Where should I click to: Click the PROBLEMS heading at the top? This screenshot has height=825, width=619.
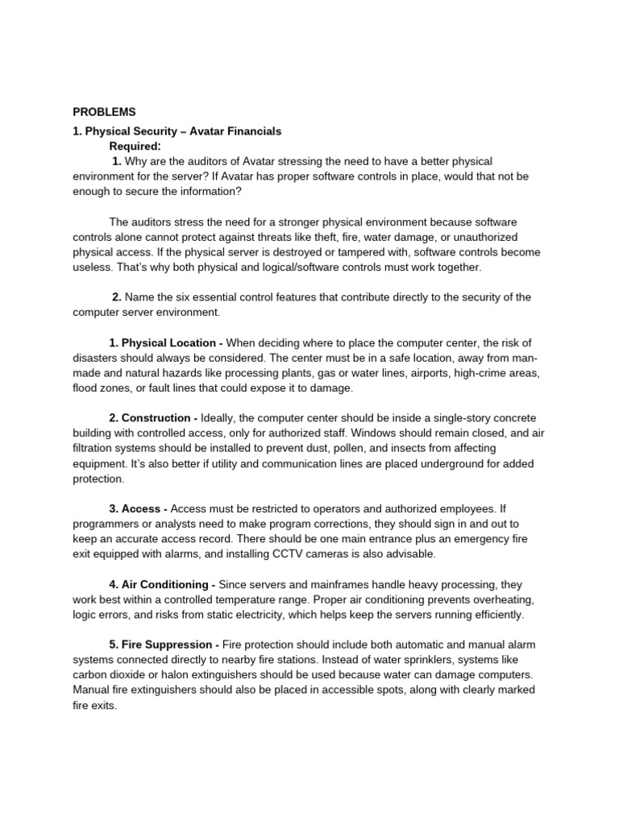point(104,112)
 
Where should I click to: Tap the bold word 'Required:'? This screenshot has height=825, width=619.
point(135,146)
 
